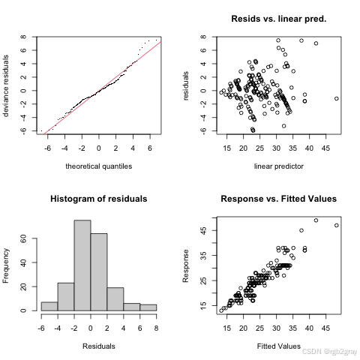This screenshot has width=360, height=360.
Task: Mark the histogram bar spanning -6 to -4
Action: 49,306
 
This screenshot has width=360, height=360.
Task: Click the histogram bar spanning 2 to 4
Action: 115,298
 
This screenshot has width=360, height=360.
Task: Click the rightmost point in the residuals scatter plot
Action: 337,98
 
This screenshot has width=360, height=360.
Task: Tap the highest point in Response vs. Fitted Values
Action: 316,220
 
